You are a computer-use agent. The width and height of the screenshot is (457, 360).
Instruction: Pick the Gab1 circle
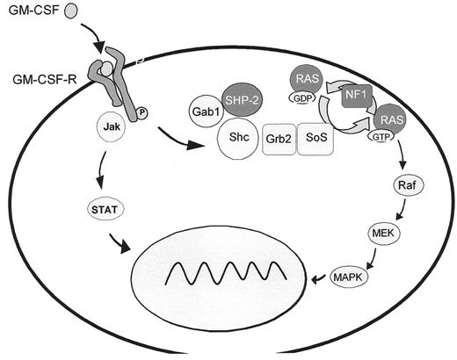click(203, 114)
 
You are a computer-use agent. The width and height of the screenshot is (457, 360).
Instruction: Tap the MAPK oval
click(348, 277)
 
